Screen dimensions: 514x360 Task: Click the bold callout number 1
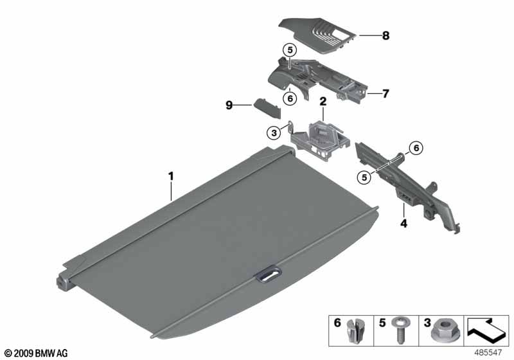pyautogui.click(x=171, y=176)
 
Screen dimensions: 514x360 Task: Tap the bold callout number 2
pyautogui.click(x=323, y=102)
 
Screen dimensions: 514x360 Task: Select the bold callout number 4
pyautogui.click(x=404, y=224)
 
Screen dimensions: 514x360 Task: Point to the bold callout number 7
pyautogui.click(x=385, y=94)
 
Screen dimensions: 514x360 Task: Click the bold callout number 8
pyautogui.click(x=385, y=35)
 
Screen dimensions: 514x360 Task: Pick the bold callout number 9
pyautogui.click(x=229, y=105)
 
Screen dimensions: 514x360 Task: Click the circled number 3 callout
pyautogui.click(x=274, y=133)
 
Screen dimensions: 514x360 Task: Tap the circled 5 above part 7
pyautogui.click(x=290, y=51)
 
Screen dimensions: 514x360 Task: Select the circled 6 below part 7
pyautogui.click(x=290, y=98)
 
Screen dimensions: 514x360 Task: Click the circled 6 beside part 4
pyautogui.click(x=416, y=148)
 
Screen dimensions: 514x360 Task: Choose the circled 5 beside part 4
pyautogui.click(x=364, y=177)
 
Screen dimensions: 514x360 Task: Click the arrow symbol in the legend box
pyautogui.click(x=486, y=328)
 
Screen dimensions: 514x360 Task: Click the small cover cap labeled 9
pyautogui.click(x=267, y=107)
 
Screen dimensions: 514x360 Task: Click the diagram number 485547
pyautogui.click(x=488, y=352)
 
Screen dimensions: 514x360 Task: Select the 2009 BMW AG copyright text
pyautogui.click(x=36, y=353)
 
